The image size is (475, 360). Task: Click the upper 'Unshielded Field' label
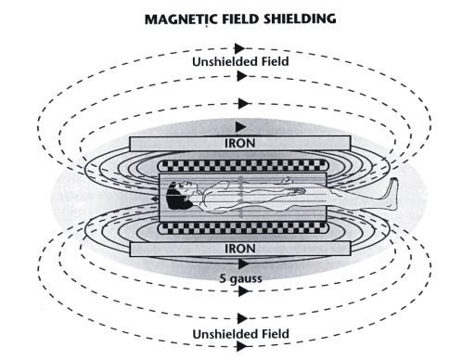[241, 62]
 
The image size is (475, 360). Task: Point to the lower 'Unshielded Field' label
[241, 332]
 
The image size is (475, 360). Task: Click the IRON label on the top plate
[241, 145]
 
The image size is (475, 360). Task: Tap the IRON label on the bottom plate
[241, 248]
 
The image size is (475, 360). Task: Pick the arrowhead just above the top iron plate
[241, 124]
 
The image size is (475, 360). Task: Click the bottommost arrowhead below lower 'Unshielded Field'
[241, 348]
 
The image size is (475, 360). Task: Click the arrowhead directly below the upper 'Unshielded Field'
[241, 76]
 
